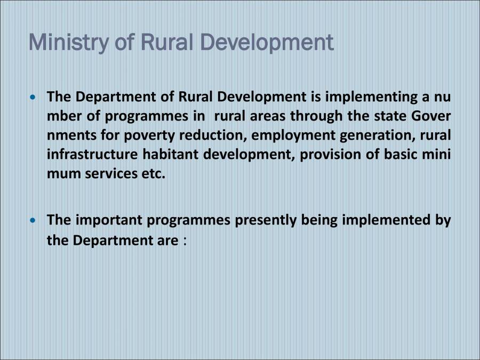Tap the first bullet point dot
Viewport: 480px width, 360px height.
(35, 98)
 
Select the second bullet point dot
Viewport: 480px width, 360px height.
(35, 220)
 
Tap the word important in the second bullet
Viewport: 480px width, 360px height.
(109, 220)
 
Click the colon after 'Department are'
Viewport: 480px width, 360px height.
(184, 241)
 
